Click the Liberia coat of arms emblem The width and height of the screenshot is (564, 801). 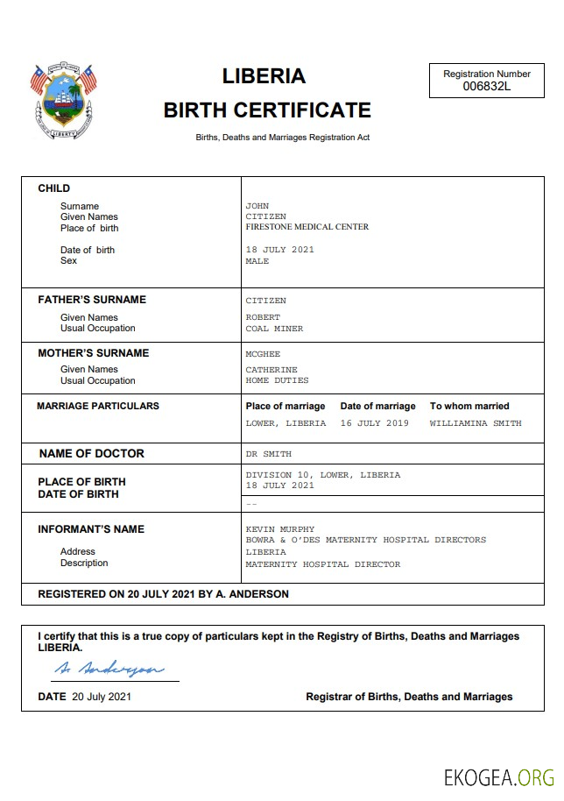coord(63,101)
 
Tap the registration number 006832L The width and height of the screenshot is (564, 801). coord(486,86)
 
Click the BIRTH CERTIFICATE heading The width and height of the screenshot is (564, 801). coord(267,110)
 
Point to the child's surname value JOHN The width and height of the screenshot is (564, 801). coord(257,206)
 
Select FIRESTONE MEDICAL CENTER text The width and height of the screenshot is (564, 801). coord(307,227)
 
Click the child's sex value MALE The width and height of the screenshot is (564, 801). coord(257,261)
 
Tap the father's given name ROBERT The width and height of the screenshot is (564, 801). coord(263,317)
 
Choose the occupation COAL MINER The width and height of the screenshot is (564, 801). coord(274,329)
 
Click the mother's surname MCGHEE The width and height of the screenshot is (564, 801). coord(263,354)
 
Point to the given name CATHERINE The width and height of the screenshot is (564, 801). coord(271,370)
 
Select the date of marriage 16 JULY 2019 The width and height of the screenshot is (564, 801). coord(375,423)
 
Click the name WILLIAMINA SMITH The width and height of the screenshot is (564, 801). coord(475,423)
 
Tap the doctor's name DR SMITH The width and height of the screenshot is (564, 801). coord(269,454)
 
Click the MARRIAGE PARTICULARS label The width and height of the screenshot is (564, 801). coord(98,406)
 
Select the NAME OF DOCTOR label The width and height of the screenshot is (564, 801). coord(92,453)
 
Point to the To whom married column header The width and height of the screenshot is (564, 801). coord(469,406)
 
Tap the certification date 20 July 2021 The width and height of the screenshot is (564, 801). coord(102,697)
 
